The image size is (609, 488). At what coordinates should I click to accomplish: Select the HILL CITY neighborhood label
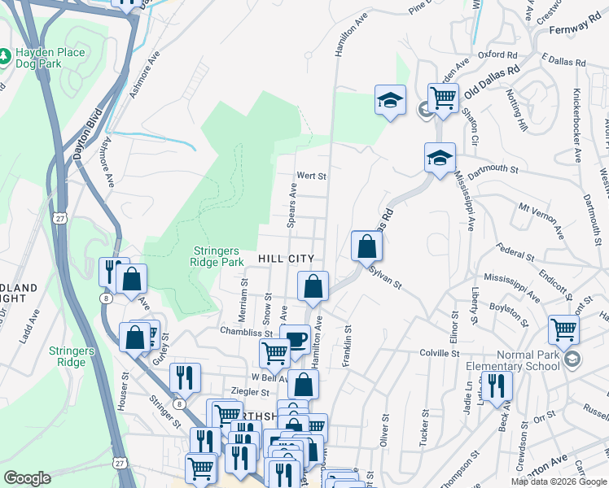click(x=286, y=258)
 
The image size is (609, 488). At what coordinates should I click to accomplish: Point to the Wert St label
click(x=311, y=176)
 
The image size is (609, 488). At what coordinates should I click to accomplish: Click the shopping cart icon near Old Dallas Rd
click(x=442, y=98)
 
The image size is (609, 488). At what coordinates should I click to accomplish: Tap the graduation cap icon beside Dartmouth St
click(x=440, y=156)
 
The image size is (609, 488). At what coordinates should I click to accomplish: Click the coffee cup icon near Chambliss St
click(x=294, y=338)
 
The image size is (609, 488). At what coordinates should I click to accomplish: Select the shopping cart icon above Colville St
click(x=563, y=329)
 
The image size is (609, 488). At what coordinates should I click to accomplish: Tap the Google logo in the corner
click(x=27, y=478)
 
